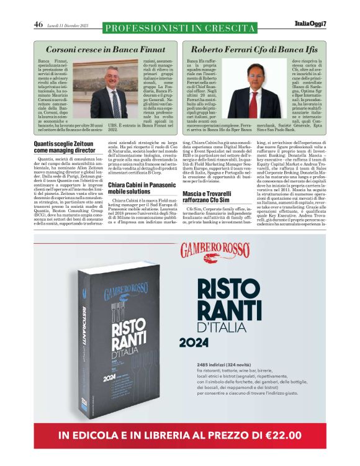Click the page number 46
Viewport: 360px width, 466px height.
38,25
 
